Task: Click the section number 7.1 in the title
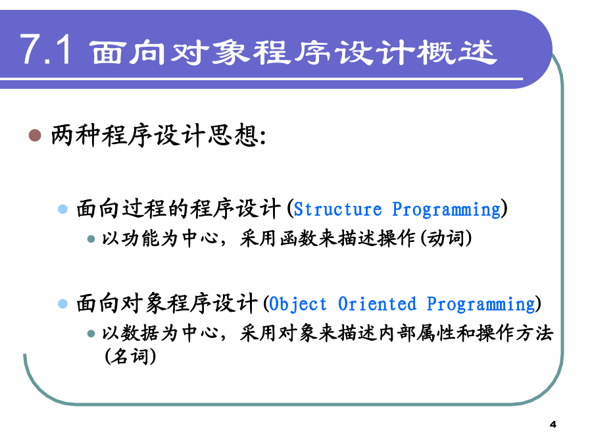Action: [45, 50]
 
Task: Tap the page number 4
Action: [553, 424]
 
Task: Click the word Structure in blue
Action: [338, 209]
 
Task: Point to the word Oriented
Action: [377, 304]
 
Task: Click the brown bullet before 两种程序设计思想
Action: [35, 135]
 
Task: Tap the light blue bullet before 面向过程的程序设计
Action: [62, 209]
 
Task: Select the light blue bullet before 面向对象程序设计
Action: [62, 303]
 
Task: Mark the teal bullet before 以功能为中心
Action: [91, 239]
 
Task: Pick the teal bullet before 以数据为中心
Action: [91, 333]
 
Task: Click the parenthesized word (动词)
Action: [446, 239]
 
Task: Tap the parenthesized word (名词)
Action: [130, 356]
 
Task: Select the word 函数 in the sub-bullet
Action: [298, 239]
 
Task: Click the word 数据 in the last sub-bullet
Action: [141, 333]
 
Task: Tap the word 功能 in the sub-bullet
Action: [141, 239]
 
